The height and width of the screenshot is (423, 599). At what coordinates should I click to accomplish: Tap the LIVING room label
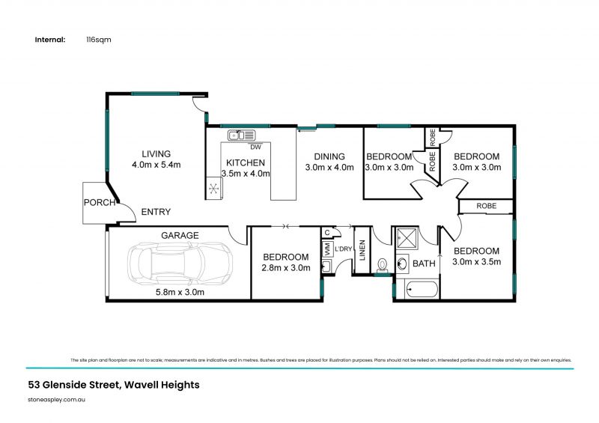pyautogui.click(x=151, y=154)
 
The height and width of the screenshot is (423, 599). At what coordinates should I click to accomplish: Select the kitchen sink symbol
pyautogui.click(x=241, y=136)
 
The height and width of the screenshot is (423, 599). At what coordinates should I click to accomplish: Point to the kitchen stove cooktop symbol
pyautogui.click(x=214, y=188)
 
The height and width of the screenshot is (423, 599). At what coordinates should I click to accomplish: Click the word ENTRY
pyautogui.click(x=156, y=212)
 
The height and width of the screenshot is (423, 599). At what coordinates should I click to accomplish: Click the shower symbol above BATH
pyautogui.click(x=407, y=239)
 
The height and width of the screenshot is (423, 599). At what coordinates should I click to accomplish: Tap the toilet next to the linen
pyautogui.click(x=383, y=264)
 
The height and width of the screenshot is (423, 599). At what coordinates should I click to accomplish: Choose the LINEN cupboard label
pyautogui.click(x=362, y=254)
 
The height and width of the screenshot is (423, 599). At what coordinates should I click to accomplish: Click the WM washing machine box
pyautogui.click(x=326, y=249)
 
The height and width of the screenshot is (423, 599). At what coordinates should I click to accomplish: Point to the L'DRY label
pyautogui.click(x=344, y=249)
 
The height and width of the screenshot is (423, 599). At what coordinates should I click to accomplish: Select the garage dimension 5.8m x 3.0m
pyautogui.click(x=178, y=292)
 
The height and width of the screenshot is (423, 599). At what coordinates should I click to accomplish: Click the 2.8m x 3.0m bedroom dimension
pyautogui.click(x=285, y=267)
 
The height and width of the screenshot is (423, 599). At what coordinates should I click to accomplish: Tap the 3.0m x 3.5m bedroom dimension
pyautogui.click(x=476, y=262)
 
